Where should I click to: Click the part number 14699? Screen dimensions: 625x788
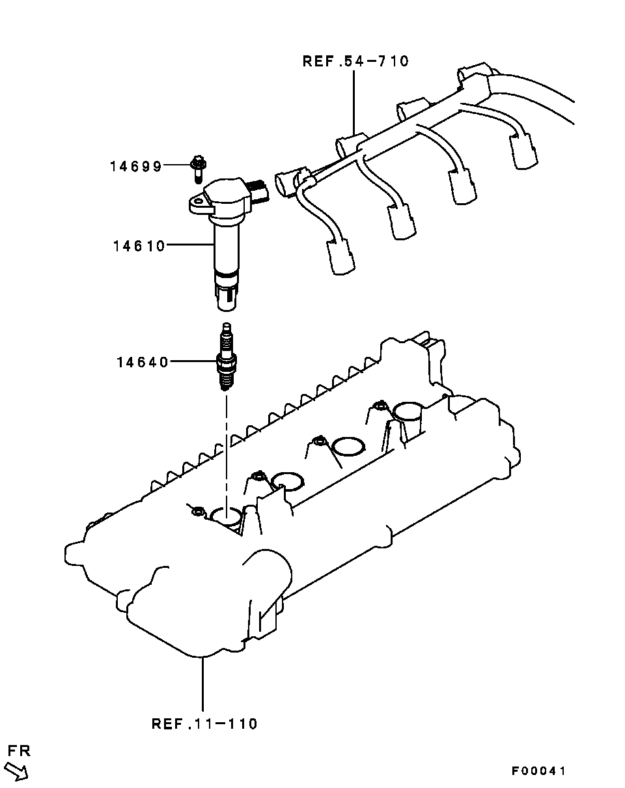[x=136, y=167]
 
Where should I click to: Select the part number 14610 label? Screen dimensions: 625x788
[x=139, y=246]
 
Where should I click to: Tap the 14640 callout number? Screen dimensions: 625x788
[x=143, y=363]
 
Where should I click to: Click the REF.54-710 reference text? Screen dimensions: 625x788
[x=355, y=61]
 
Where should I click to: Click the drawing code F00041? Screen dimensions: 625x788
[x=538, y=771]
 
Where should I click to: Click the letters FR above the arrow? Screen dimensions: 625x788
[x=20, y=751]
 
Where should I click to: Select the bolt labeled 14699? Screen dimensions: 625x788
[x=198, y=169]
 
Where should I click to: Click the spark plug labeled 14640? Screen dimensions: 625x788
[x=227, y=357]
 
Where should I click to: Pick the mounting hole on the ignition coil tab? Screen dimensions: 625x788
[x=199, y=201]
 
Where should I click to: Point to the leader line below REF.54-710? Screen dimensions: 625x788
[x=354, y=102]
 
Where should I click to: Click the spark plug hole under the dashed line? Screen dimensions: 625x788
[x=227, y=517]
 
